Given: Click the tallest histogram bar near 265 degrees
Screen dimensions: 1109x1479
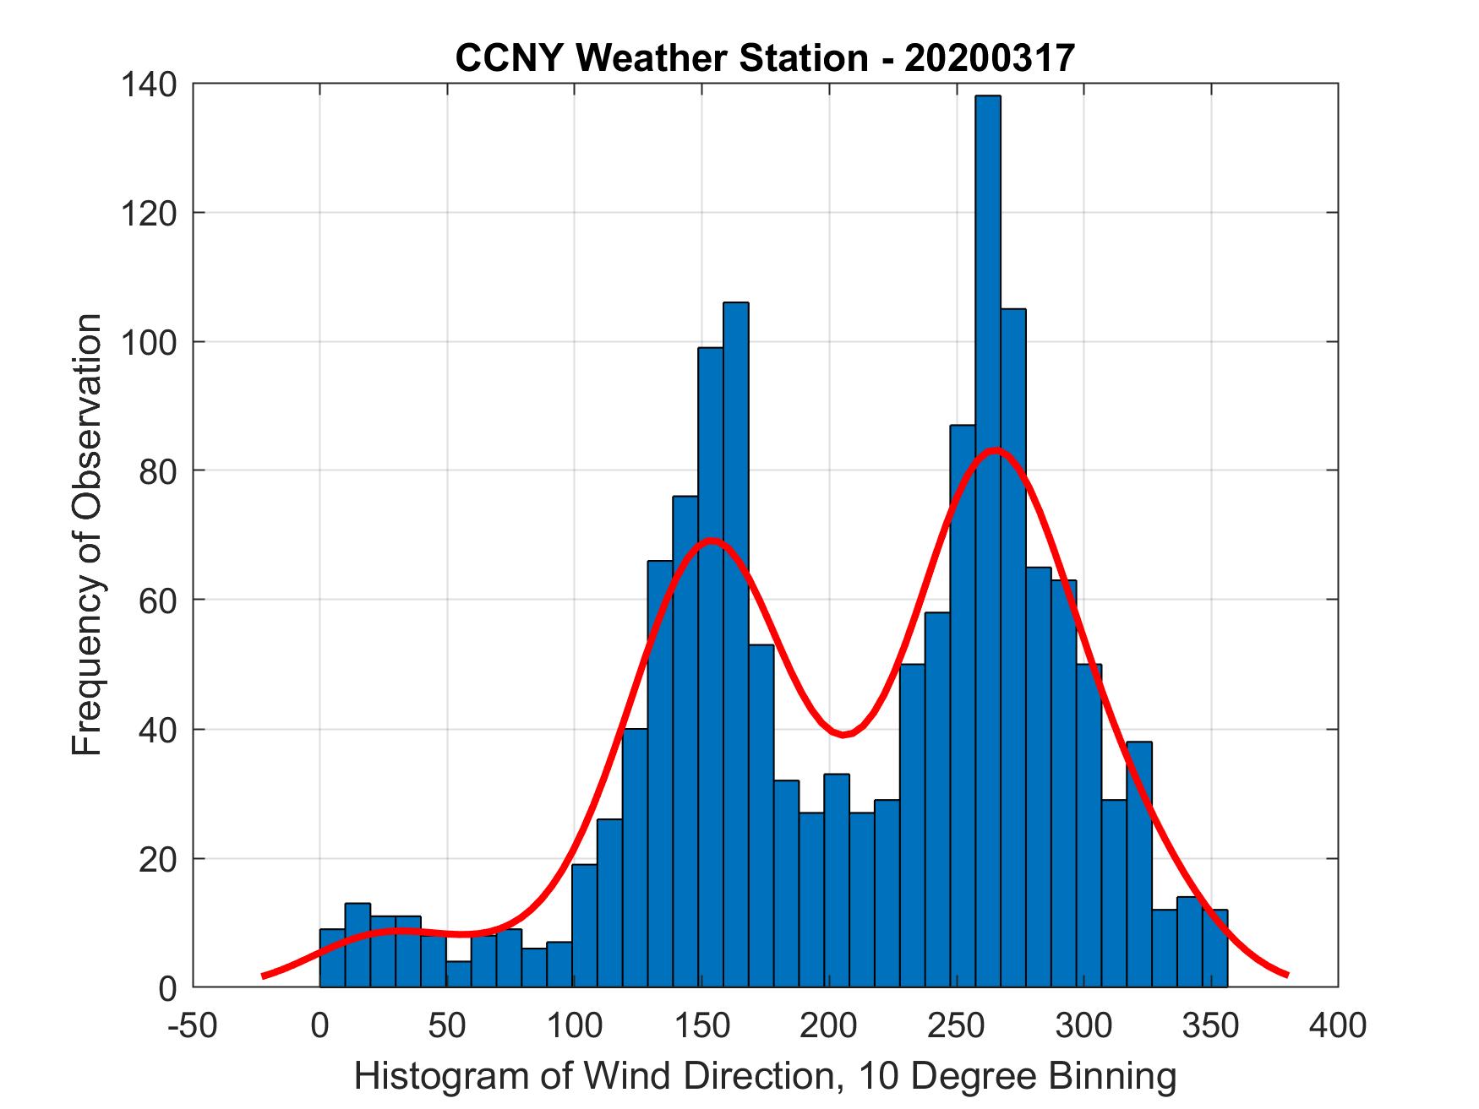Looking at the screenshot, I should pos(987,541).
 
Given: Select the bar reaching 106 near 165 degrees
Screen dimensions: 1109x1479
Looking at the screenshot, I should pos(735,642).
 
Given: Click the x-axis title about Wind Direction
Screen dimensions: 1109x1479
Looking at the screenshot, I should pos(765,1077).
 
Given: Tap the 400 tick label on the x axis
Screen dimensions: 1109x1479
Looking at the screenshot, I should pos(1338,1025).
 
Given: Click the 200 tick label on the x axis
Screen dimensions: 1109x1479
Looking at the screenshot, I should pos(828,1025).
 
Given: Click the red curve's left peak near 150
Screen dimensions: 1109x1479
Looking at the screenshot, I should pos(712,540).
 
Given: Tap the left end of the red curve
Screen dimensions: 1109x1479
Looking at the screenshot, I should pos(264,976).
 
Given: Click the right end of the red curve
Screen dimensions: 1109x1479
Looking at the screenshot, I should pos(1286,975).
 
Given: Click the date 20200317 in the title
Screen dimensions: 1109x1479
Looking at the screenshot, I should pos(989,57).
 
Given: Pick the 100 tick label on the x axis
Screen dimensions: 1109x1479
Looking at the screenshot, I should pos(574,1025).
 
